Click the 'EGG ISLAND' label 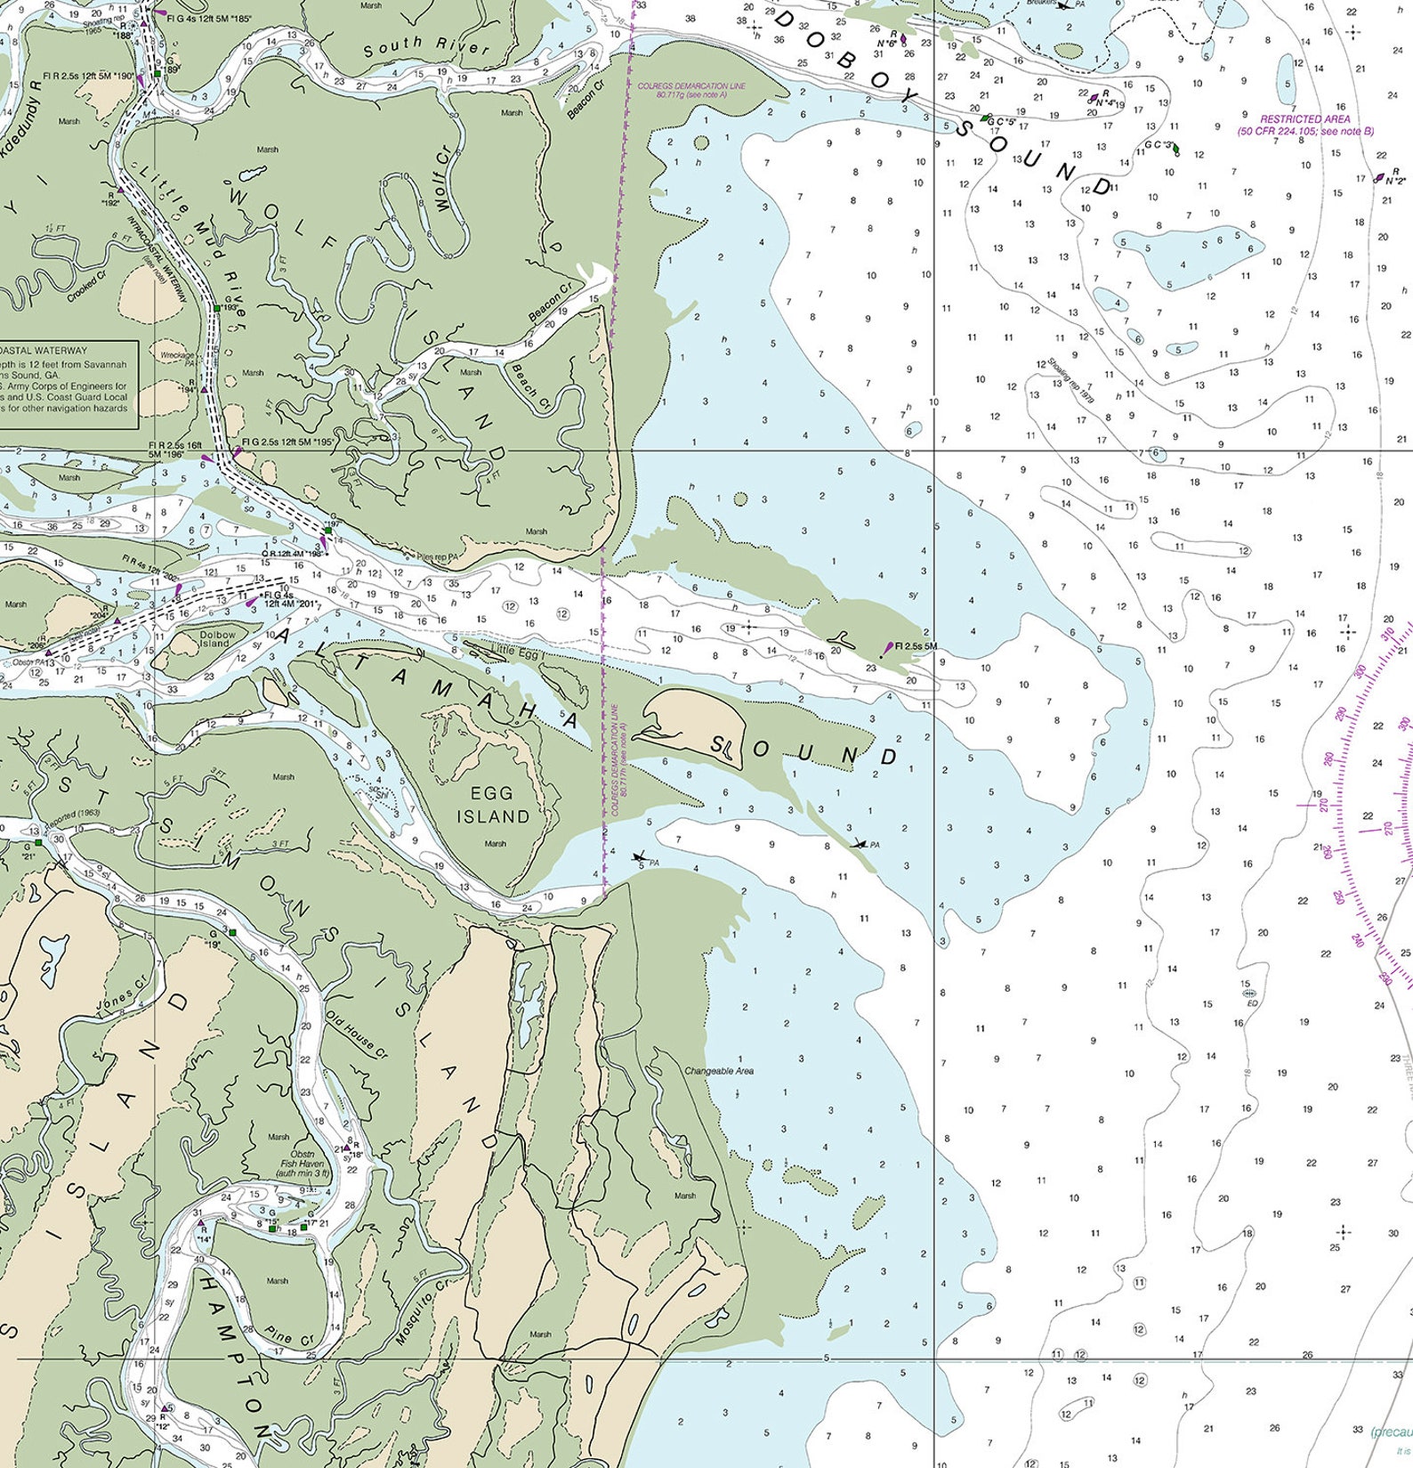492,804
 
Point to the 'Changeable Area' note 719,1071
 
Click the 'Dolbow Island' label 216,638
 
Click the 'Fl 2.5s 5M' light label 916,646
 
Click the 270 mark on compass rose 1323,805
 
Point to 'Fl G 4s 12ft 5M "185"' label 209,17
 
